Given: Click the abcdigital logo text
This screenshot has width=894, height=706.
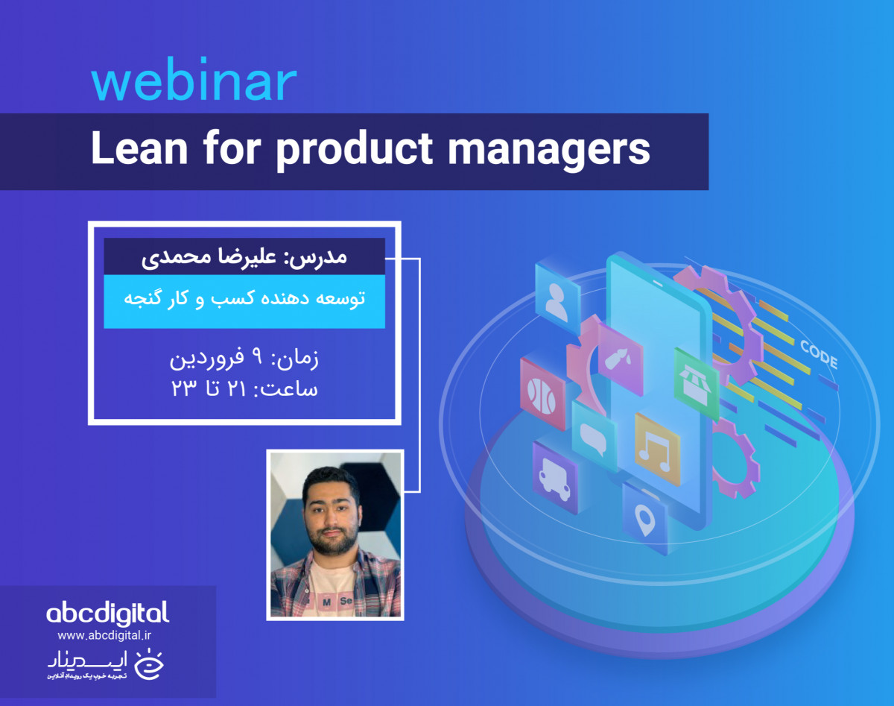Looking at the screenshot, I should tap(107, 613).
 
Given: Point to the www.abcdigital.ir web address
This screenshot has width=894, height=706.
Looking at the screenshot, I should tap(104, 636).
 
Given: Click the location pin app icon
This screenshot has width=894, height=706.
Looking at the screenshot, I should tap(645, 517).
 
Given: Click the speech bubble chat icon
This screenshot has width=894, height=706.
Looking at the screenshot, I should tap(594, 438).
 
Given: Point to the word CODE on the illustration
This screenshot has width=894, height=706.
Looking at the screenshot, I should tap(818, 354).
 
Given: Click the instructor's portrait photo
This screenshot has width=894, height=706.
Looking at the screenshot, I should tap(335, 535).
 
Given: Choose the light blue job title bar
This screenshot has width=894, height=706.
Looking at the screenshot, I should tap(244, 300).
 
